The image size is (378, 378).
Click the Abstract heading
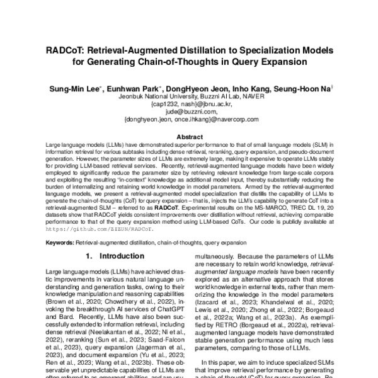(x=188, y=137)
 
